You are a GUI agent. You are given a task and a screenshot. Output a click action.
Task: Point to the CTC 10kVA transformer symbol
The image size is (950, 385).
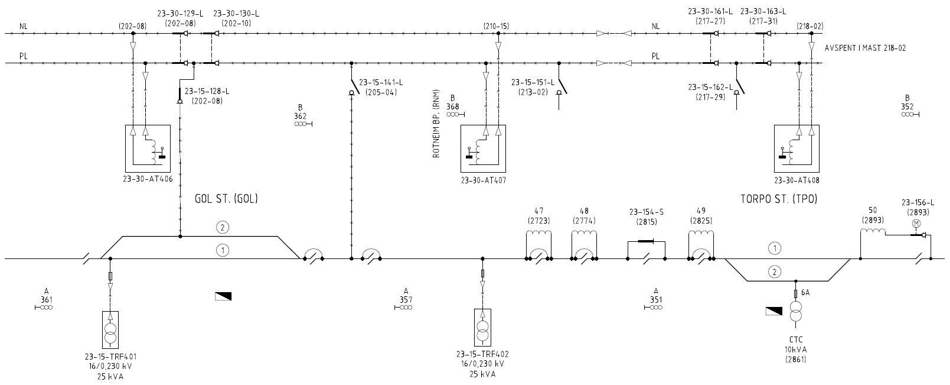(795, 313)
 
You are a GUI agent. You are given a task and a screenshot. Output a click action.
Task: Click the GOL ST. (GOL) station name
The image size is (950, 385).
(226, 199)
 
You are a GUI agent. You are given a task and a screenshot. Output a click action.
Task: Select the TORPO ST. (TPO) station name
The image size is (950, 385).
(779, 199)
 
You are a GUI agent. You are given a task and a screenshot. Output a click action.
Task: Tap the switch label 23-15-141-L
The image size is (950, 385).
(381, 82)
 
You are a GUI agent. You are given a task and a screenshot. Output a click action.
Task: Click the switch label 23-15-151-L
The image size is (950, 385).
(533, 82)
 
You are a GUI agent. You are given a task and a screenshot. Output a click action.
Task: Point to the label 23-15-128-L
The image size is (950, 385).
(207, 91)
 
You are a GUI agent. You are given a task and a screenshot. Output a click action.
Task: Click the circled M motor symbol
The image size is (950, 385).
(916, 224)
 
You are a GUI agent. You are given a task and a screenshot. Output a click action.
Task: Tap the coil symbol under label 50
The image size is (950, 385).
(873, 232)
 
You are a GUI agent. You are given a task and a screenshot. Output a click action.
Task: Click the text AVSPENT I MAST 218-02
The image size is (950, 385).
(865, 48)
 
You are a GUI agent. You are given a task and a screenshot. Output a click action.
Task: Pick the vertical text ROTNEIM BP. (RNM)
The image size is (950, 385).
(436, 124)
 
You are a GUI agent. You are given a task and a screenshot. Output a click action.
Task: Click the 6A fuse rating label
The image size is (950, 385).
(805, 293)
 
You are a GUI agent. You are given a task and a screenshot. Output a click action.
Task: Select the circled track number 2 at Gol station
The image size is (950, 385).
(222, 227)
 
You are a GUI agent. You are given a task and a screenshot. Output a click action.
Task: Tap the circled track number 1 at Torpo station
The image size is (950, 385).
(775, 248)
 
